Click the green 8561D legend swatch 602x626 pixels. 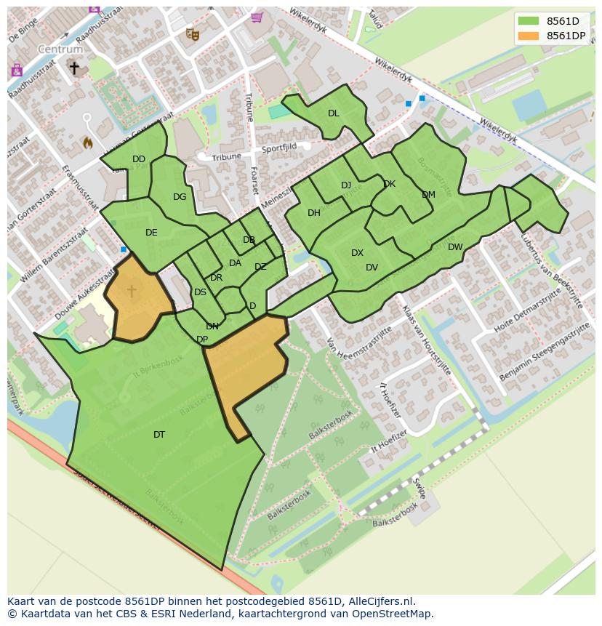[x=529, y=21]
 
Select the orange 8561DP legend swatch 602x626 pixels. [x=529, y=36]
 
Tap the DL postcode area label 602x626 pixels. [x=333, y=113]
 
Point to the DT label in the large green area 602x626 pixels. [x=159, y=435]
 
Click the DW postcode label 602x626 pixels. [x=455, y=247]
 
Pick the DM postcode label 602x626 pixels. [x=428, y=195]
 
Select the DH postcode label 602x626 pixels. [x=314, y=213]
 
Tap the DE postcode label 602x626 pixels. [x=151, y=233]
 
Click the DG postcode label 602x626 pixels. [x=180, y=197]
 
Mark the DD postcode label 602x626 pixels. [x=139, y=159]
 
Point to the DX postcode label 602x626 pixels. [x=357, y=253]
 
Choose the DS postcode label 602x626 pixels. [x=200, y=292]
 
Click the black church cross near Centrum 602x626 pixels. [x=74, y=68]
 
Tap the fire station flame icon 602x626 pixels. [x=88, y=143]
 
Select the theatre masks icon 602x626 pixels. [x=192, y=33]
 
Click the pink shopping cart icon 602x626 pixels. [x=256, y=17]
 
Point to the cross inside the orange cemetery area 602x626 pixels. [x=132, y=291]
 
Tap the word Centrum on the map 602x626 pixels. [x=60, y=49]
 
